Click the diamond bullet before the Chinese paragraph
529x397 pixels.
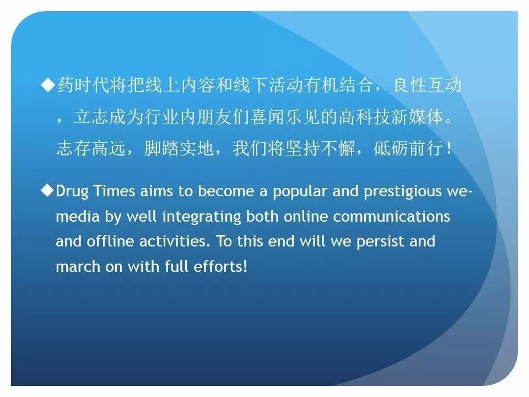tap(48, 84)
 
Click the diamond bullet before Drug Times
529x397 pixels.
tap(47, 190)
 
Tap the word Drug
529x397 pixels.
tap(72, 192)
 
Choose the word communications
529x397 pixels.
tap(391, 216)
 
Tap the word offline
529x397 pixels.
tap(110, 241)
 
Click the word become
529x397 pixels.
tap(226, 191)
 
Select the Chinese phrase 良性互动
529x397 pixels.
tap(428, 85)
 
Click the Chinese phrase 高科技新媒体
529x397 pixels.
tap(391, 117)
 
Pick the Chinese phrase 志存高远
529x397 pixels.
tap(91, 148)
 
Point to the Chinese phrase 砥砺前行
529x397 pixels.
tap(408, 148)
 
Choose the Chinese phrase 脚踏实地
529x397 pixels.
tap(179, 148)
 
